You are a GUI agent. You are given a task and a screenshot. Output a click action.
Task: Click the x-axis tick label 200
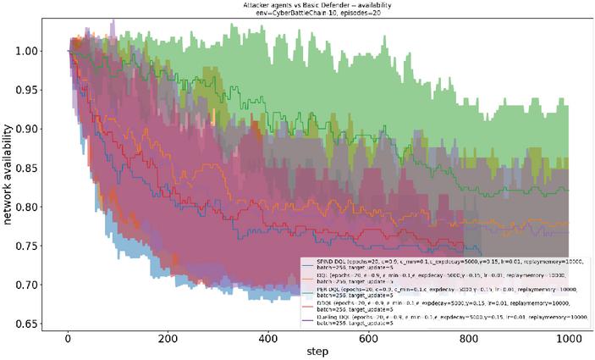tap(168, 341)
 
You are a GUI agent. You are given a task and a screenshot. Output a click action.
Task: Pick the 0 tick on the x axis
tap(68, 341)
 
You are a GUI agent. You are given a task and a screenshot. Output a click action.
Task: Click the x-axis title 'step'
tap(319, 352)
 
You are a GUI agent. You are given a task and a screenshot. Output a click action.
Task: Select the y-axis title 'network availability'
tap(9, 174)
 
